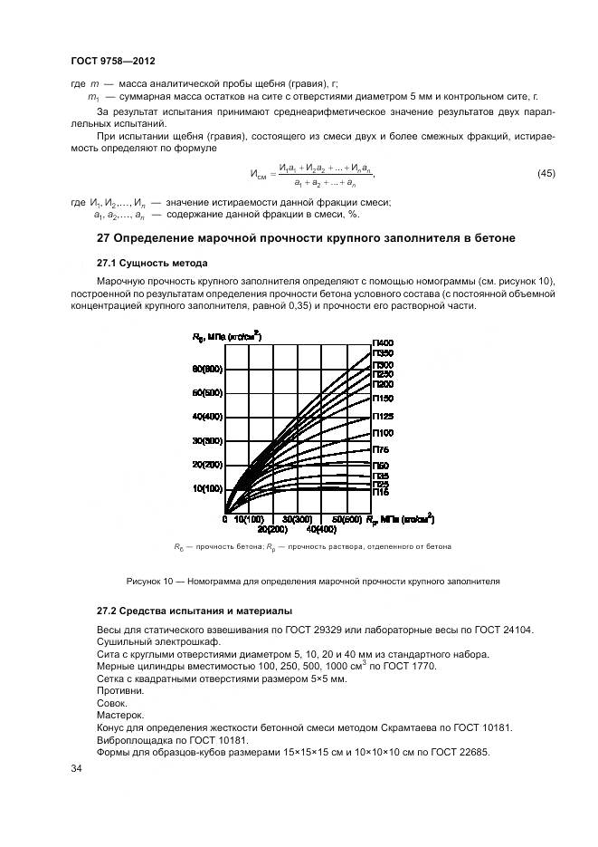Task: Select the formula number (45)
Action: pyautogui.click(x=546, y=173)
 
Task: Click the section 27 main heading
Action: pyautogui.click(x=306, y=238)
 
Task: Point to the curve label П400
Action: pyautogui.click(x=383, y=342)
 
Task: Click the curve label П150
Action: pyautogui.click(x=383, y=397)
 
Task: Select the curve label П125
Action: pyautogui.click(x=383, y=416)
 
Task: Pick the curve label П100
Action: pyautogui.click(x=383, y=433)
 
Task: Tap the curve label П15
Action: pyautogui.click(x=381, y=494)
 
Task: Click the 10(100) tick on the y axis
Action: pyautogui.click(x=206, y=488)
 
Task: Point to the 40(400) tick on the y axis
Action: pyautogui.click(x=206, y=417)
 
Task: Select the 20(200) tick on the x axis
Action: pyautogui.click(x=272, y=528)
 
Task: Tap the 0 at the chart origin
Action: pyautogui.click(x=224, y=519)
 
